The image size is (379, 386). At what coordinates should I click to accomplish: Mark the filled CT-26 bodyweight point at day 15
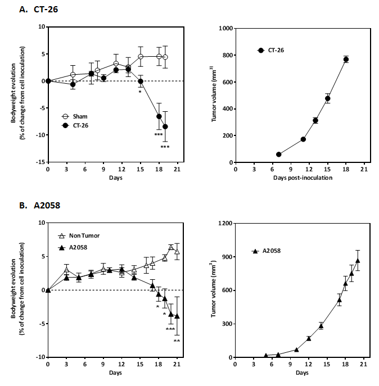click(141, 81)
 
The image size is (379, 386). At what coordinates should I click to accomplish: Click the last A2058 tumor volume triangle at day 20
click(358, 261)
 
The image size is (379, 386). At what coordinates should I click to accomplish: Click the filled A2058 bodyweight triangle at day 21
click(177, 316)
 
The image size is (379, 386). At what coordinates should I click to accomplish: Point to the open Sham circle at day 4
click(73, 75)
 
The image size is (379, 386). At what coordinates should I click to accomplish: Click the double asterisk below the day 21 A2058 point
click(177, 341)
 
